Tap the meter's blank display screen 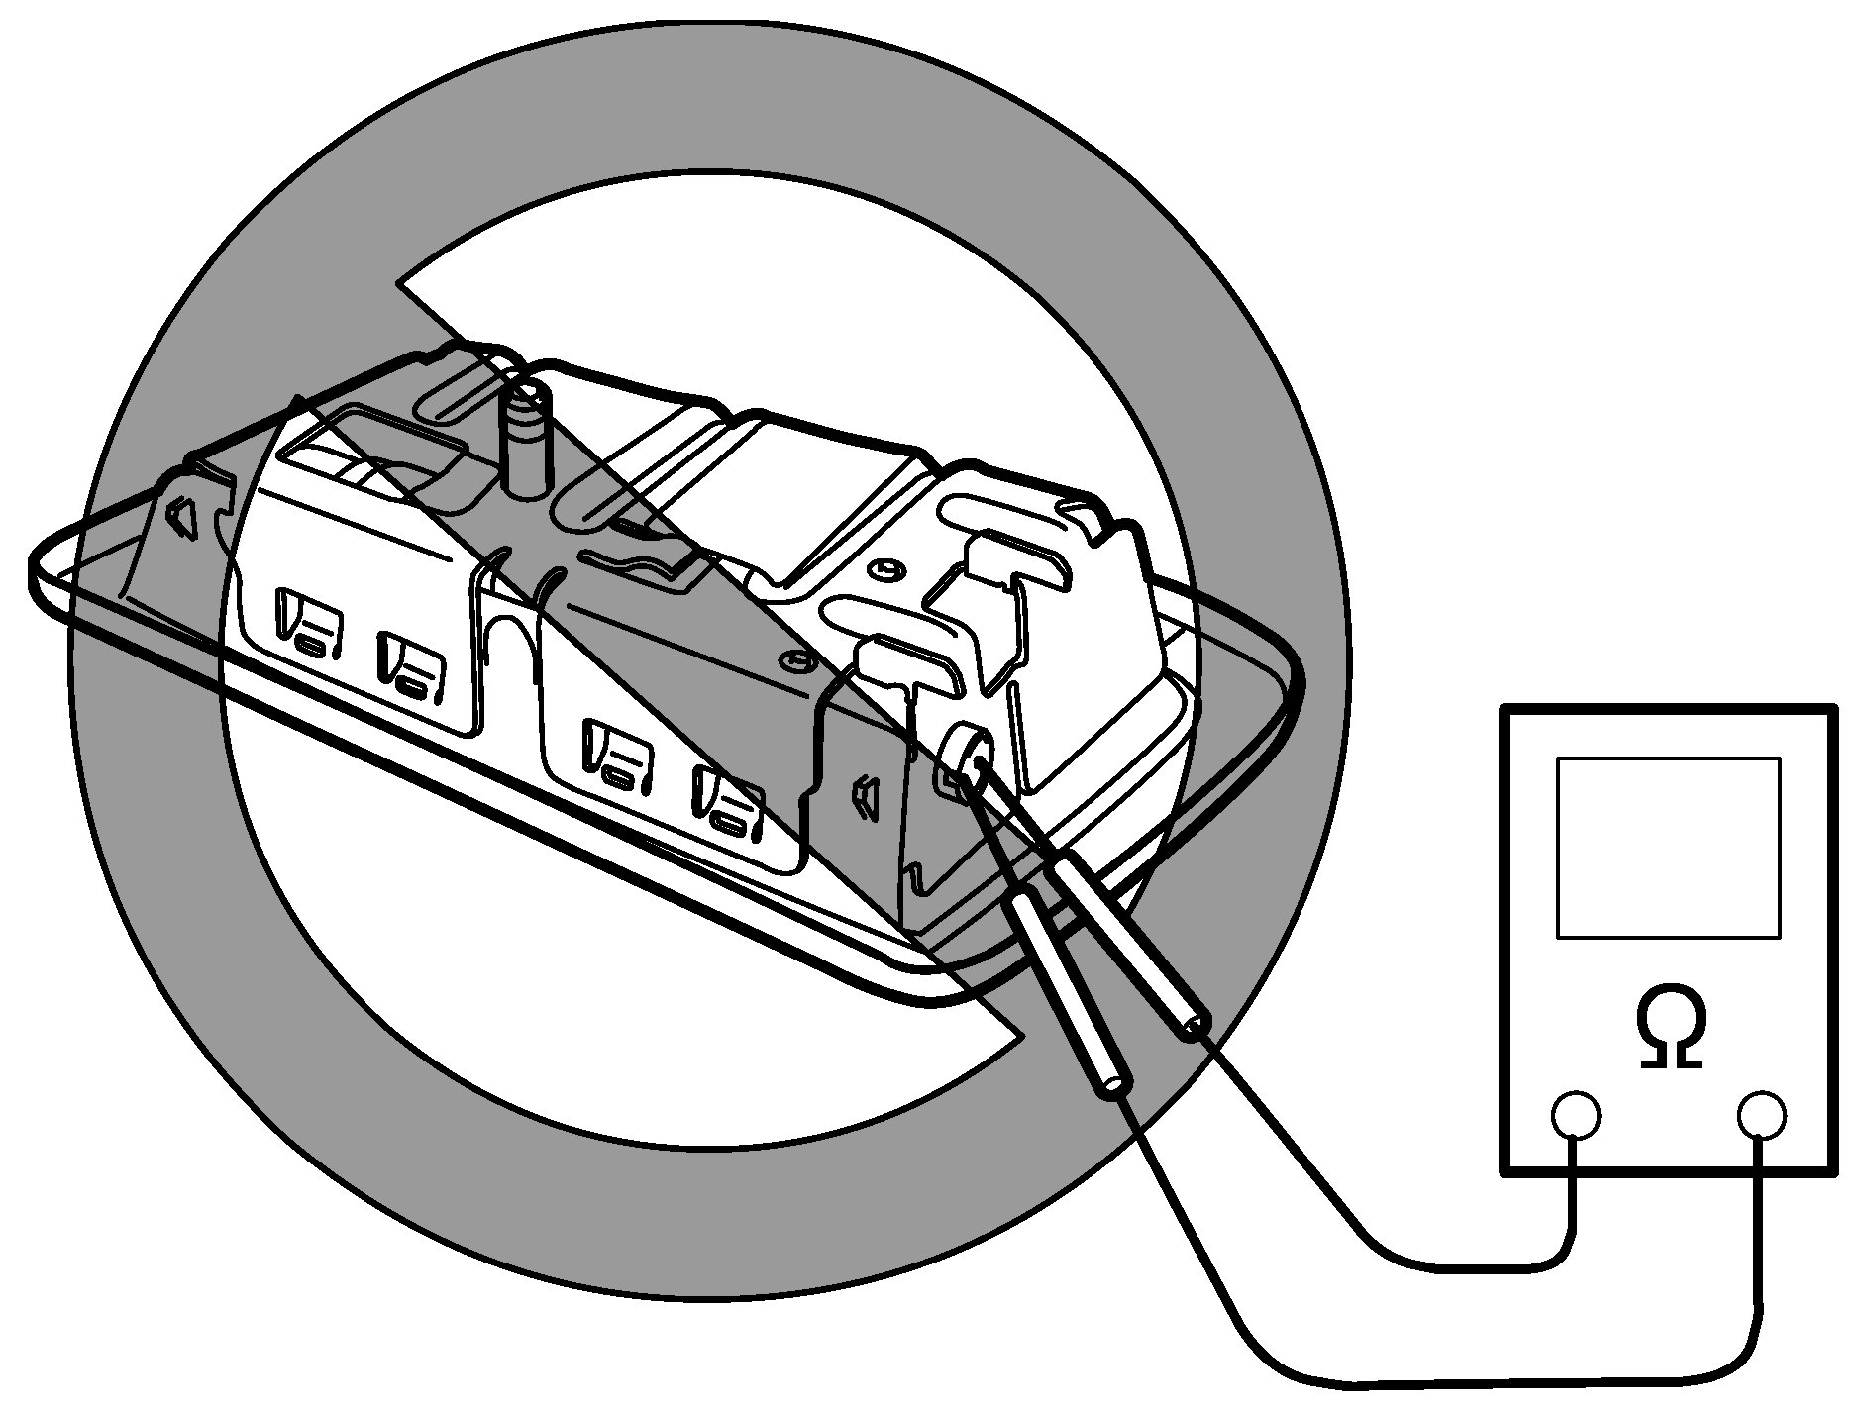point(1668,847)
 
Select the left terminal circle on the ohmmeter point(1575,1116)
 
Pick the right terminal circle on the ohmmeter point(1762,1116)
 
